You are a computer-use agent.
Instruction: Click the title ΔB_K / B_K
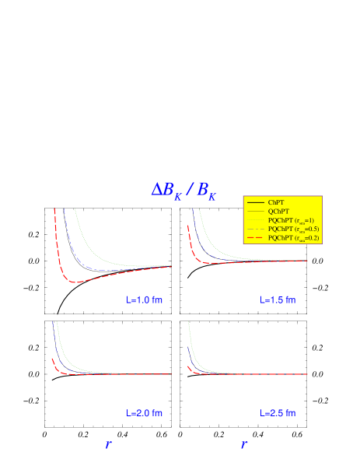(x=183, y=190)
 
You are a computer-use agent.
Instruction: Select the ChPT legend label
(x=276, y=202)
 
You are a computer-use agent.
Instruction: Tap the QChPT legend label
(x=278, y=211)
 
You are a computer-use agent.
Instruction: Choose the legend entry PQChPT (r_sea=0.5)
(x=292, y=229)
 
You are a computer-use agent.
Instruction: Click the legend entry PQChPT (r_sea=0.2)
(x=292, y=237)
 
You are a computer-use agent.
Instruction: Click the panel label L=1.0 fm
(x=145, y=300)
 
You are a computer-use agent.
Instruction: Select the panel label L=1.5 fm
(x=278, y=300)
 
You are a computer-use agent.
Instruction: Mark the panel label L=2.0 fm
(x=145, y=413)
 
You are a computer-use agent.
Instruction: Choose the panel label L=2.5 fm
(x=278, y=413)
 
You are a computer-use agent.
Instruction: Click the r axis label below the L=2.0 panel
(x=108, y=445)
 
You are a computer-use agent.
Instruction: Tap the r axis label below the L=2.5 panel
(x=243, y=445)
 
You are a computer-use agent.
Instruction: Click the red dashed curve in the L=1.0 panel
(x=78, y=282)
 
